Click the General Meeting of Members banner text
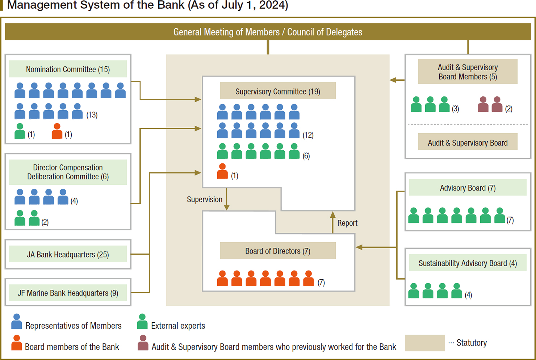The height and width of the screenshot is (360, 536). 268,32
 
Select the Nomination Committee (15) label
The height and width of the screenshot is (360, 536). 68,69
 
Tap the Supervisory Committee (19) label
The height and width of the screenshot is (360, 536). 277,91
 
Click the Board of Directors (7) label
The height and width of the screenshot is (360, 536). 277,251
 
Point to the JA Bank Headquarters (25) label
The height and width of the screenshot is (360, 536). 68,254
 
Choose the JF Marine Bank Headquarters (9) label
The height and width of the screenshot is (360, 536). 68,293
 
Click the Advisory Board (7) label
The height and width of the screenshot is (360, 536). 468,188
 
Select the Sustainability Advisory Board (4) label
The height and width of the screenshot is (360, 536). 468,263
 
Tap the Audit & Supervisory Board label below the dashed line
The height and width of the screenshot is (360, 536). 468,143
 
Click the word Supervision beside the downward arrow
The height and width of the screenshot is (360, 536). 205,199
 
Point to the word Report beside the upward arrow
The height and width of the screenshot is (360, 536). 347,223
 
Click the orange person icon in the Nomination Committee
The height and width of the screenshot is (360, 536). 57,131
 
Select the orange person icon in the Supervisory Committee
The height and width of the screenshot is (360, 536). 222,171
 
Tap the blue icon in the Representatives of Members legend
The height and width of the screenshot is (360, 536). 17,321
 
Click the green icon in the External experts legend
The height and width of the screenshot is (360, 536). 142,321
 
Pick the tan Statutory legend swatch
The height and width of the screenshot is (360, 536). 425,343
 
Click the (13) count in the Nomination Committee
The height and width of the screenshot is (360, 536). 92,115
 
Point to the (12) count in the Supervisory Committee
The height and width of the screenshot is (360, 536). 308,135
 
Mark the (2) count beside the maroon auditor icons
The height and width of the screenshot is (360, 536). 509,109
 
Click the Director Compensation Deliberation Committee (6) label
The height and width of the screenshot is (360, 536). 68,172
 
